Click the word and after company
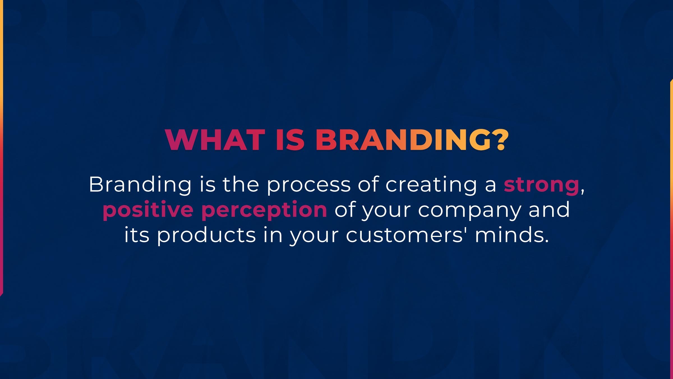[x=549, y=209]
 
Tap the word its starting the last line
[x=137, y=235]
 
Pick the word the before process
[x=241, y=184]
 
